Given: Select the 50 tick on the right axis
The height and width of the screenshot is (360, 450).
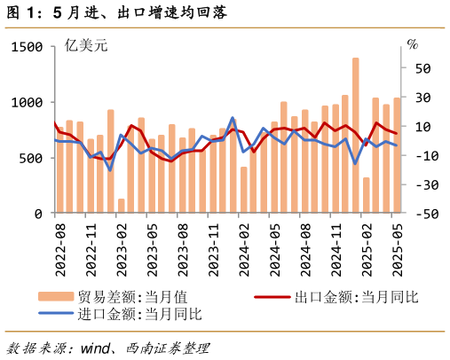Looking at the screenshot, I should pyautogui.click(x=423, y=68).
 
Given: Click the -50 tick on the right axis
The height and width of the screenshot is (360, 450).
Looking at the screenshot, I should pyautogui.click(x=421, y=214).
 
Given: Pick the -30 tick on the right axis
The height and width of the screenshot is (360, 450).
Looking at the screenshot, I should pyautogui.click(x=421, y=184).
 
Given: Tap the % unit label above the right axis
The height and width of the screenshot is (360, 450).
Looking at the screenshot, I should pyautogui.click(x=412, y=44).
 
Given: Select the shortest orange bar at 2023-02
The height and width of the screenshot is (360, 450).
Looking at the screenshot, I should pyautogui.click(x=121, y=206).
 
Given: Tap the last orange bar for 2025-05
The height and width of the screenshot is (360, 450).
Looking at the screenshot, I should pyautogui.click(x=397, y=155).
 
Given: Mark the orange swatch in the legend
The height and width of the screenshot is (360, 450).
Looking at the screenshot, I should pyautogui.click(x=55, y=297).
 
